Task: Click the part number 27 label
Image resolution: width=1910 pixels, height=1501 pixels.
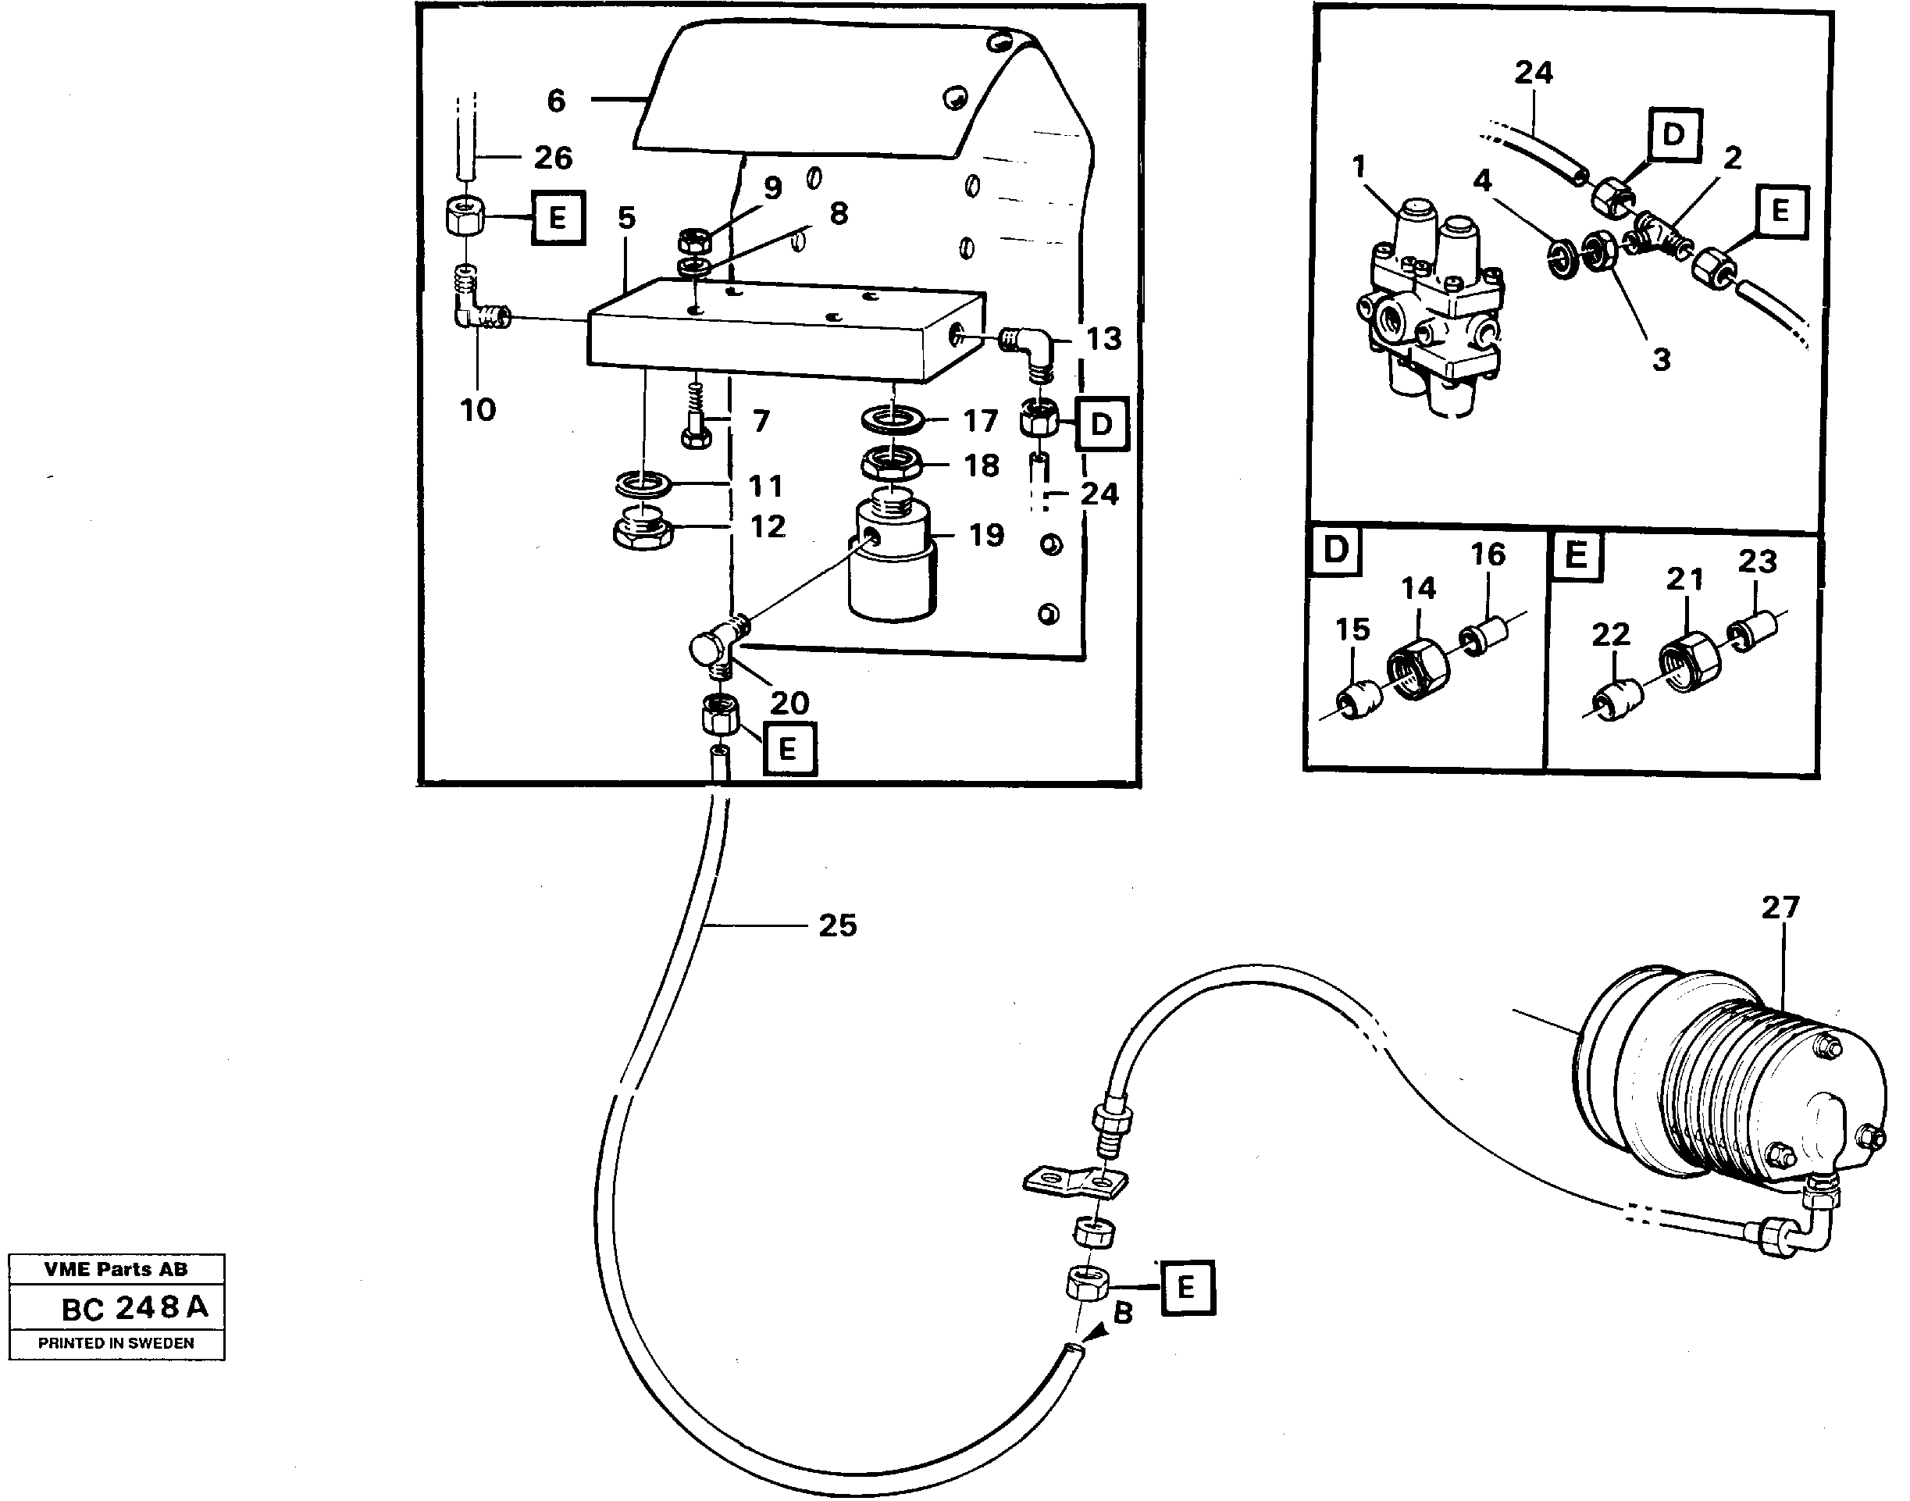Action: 1780,907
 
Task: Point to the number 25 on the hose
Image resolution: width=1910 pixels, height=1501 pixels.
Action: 836,925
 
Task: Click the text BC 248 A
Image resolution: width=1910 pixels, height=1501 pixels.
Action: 134,1307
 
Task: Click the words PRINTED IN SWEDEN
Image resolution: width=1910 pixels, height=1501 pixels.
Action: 116,1342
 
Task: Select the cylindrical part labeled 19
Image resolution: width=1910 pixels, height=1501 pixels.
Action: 890,562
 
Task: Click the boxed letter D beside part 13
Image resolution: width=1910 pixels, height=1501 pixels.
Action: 1101,425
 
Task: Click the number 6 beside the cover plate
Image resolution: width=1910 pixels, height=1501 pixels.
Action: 555,101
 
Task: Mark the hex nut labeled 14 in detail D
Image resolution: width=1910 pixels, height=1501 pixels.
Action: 1417,671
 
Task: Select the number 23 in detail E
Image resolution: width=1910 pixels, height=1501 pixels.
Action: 1757,561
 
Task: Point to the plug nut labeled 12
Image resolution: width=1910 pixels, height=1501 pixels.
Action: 642,531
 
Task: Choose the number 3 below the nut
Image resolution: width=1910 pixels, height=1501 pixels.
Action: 1660,358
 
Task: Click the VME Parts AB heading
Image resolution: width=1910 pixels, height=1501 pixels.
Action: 116,1269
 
